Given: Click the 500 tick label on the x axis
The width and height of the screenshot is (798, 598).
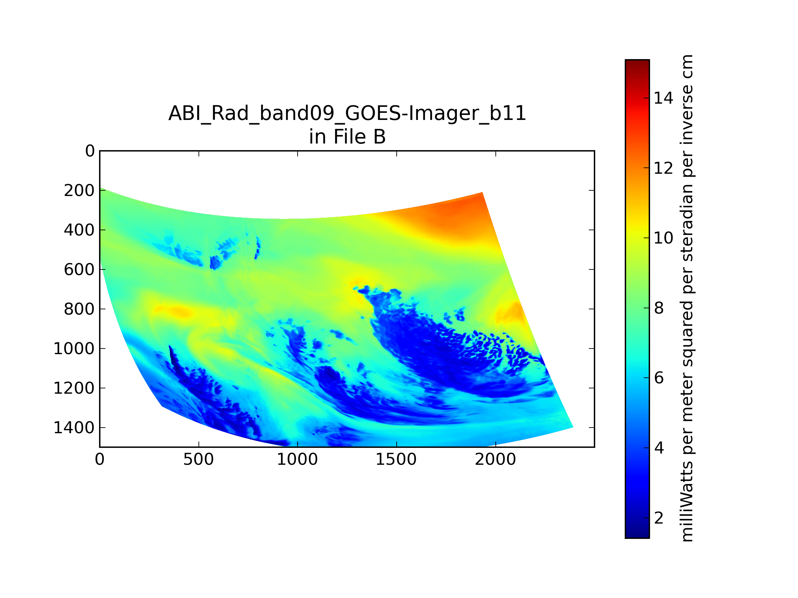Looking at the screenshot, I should pyautogui.click(x=199, y=459).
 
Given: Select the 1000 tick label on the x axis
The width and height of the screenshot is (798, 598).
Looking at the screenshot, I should pyautogui.click(x=297, y=459).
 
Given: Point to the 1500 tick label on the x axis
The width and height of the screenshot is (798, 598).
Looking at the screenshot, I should pyautogui.click(x=396, y=459).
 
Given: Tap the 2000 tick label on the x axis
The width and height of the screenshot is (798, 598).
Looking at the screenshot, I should pyautogui.click(x=495, y=459).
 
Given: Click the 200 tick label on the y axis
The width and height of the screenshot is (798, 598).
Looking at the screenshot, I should pyautogui.click(x=79, y=191).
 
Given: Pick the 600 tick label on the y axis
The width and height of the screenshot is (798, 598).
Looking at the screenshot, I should pyautogui.click(x=79, y=270).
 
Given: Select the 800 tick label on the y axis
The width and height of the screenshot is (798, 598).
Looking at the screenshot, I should pyautogui.click(x=79, y=309).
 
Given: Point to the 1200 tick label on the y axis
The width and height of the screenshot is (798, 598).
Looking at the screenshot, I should pyautogui.click(x=74, y=388).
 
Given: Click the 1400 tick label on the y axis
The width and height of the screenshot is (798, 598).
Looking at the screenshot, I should pyautogui.click(x=74, y=428).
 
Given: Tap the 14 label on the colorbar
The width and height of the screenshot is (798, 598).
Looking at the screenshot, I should pyautogui.click(x=663, y=98).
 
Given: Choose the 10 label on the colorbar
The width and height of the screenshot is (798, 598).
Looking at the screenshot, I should pyautogui.click(x=663, y=238).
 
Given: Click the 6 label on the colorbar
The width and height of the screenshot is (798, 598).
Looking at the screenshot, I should pyautogui.click(x=659, y=378).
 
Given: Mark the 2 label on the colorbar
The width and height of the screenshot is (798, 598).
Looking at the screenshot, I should pyautogui.click(x=659, y=518).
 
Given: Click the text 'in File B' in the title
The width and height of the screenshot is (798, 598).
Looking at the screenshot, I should pyautogui.click(x=347, y=137).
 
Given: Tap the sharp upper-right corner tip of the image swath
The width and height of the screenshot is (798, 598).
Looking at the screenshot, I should pyautogui.click(x=482, y=193).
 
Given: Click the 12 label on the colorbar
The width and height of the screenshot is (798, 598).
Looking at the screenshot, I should pyautogui.click(x=663, y=168).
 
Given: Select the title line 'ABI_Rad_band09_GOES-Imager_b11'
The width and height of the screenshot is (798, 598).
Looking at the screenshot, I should pyautogui.click(x=347, y=114).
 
